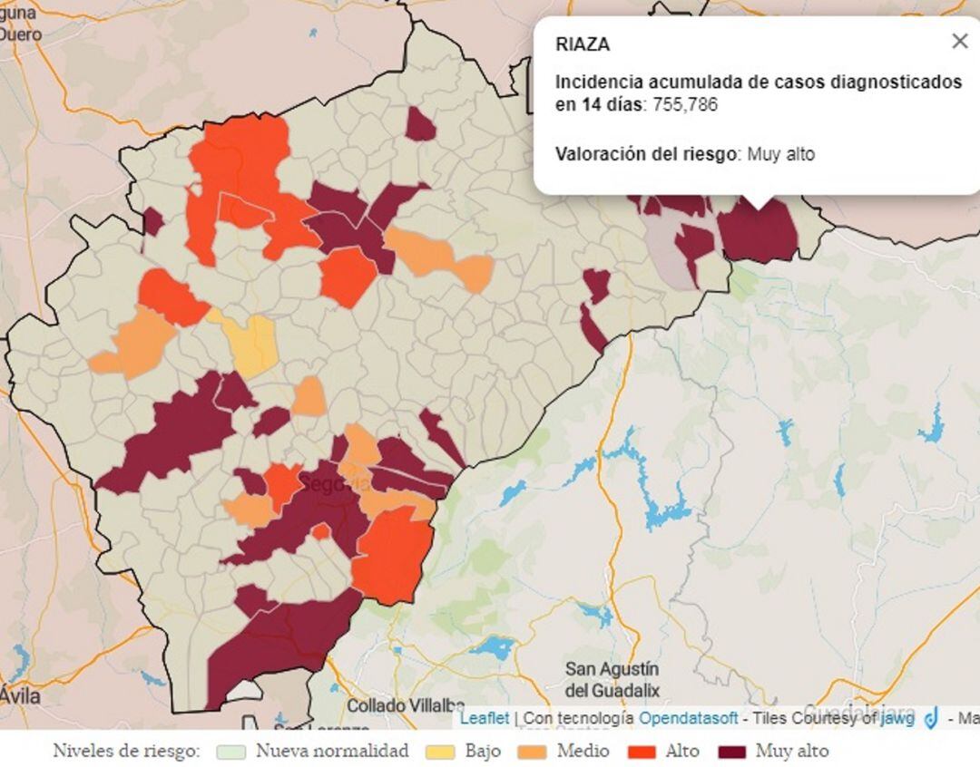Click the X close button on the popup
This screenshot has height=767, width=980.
click(959, 41)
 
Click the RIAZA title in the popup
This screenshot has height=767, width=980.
click(583, 44)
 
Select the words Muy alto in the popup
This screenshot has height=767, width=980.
click(781, 154)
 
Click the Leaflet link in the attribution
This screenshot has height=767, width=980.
click(485, 718)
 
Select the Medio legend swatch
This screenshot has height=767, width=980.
click(534, 752)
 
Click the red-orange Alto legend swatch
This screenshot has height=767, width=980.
click(642, 752)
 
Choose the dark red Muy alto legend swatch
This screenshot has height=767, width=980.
click(731, 752)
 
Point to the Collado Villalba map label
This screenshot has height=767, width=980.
click(406, 705)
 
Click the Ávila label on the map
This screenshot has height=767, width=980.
click(20, 695)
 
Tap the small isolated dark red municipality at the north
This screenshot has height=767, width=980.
click(420, 125)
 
